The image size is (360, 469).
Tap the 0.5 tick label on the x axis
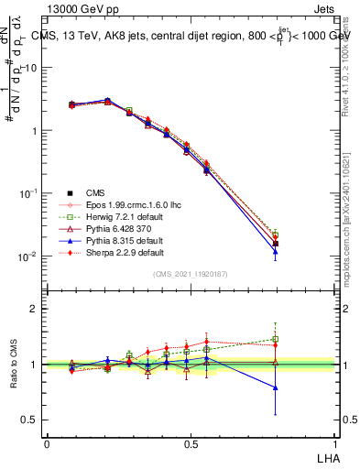click(x=191, y=444)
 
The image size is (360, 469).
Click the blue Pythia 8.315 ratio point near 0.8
click(x=276, y=387)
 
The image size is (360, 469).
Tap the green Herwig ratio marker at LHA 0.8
click(x=276, y=339)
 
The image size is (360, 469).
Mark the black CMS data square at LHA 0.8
click(x=276, y=244)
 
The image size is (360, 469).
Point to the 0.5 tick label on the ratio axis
click(x=30, y=420)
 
